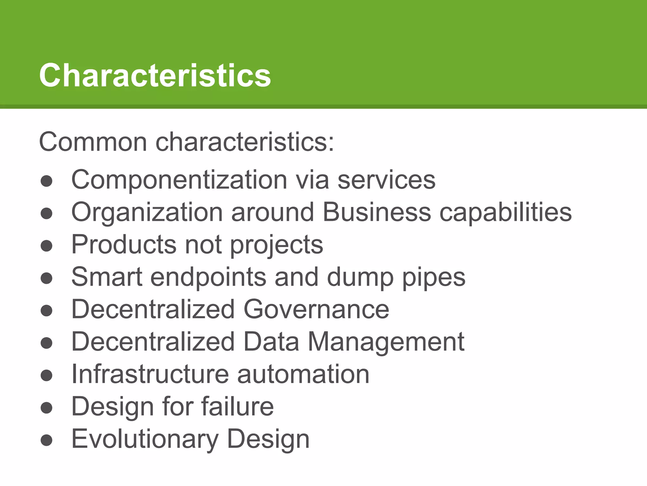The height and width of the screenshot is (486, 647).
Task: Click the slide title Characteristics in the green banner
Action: point(155,75)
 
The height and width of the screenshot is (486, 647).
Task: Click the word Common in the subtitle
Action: point(93,142)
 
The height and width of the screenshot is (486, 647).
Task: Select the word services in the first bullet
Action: point(386,180)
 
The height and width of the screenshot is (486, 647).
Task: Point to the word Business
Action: point(377,212)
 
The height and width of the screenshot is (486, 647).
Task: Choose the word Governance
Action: point(316,309)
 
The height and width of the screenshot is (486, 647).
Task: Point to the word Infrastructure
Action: point(150,374)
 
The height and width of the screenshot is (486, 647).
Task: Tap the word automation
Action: point(303,374)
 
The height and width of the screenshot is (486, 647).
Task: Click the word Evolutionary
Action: point(145,439)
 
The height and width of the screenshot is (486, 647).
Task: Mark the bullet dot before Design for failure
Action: point(46,408)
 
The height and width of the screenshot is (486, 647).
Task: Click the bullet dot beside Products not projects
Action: point(46,246)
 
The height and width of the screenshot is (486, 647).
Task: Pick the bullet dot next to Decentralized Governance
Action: point(46,310)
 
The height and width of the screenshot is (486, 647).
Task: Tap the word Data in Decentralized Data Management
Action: point(271,342)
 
